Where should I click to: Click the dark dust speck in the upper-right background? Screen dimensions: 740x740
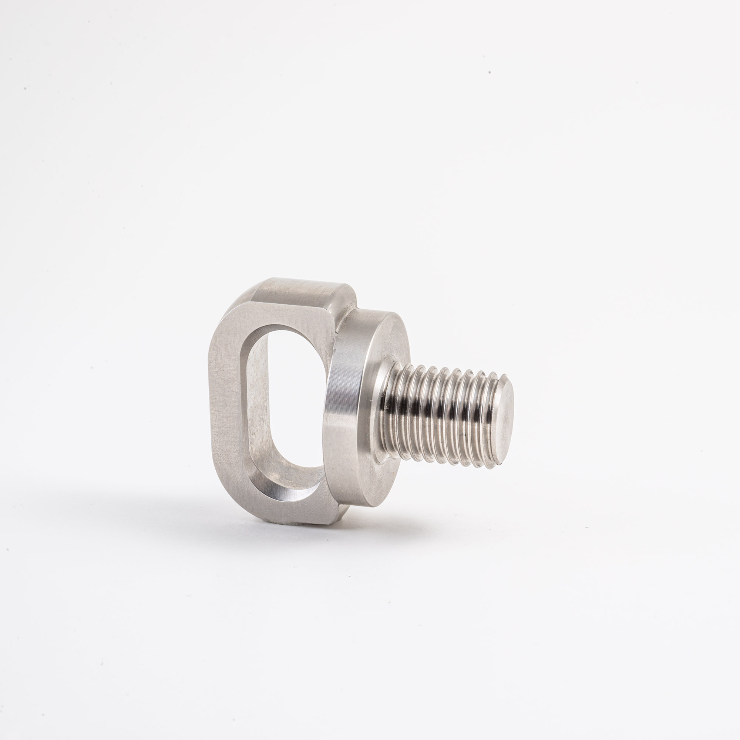pos(490,73)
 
